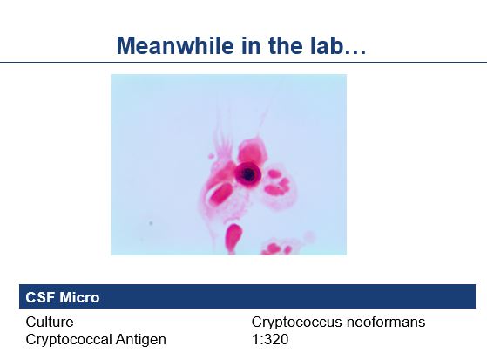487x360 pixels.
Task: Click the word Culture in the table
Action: tap(50, 322)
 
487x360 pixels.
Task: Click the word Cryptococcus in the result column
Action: tap(291, 322)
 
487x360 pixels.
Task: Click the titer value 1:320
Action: tap(269, 338)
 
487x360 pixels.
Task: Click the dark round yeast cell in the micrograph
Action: tap(248, 174)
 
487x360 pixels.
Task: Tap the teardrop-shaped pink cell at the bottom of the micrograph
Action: tap(233, 237)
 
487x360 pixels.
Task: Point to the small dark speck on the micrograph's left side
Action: tap(151, 223)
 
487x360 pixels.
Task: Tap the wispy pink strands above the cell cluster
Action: tap(223, 139)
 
